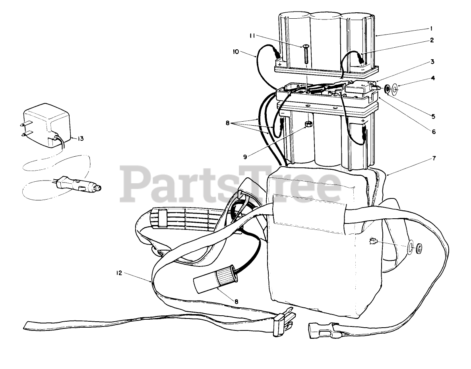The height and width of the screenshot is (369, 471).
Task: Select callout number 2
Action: click(x=431, y=40)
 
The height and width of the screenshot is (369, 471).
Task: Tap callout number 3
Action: click(x=431, y=62)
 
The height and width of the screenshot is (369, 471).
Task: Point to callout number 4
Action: click(x=433, y=78)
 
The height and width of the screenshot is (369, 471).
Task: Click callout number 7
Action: click(x=434, y=158)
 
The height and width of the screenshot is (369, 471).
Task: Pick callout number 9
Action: click(x=246, y=156)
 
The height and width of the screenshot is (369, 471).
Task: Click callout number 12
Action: click(x=118, y=273)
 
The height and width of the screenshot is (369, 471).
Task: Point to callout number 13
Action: click(x=80, y=138)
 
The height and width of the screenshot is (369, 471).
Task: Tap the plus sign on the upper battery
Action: click(x=280, y=64)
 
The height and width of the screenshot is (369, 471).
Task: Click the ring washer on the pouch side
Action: click(x=410, y=248)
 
